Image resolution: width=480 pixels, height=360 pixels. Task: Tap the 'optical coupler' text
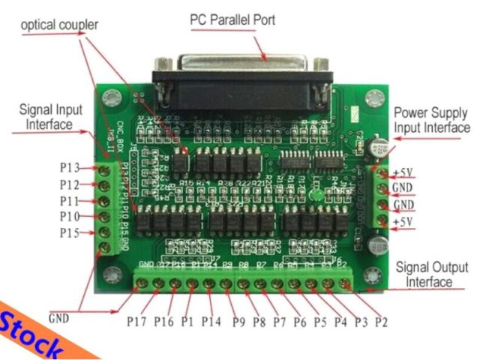[60, 25]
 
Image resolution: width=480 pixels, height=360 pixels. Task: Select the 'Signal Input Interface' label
[46, 116]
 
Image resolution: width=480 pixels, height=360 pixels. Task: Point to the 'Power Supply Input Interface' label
[432, 120]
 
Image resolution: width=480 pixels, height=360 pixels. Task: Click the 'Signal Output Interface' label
[433, 274]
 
